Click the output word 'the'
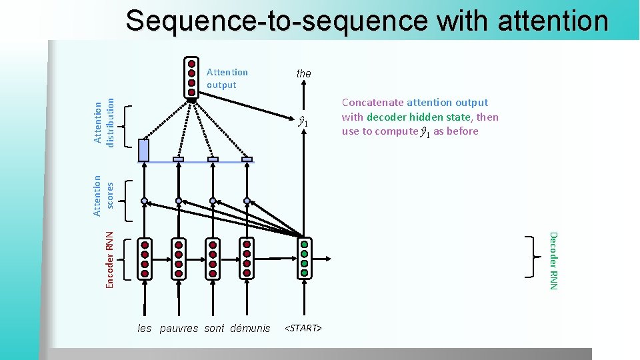303,73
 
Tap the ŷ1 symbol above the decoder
303,122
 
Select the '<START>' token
303,328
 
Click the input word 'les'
145,328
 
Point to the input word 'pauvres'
179,328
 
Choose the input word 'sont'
214,328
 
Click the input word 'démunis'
250,328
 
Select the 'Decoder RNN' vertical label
553,260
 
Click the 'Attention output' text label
227,78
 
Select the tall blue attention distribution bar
143,151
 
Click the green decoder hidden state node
304,258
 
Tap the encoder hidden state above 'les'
144,258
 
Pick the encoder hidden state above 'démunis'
247,258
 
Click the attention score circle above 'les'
144,200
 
